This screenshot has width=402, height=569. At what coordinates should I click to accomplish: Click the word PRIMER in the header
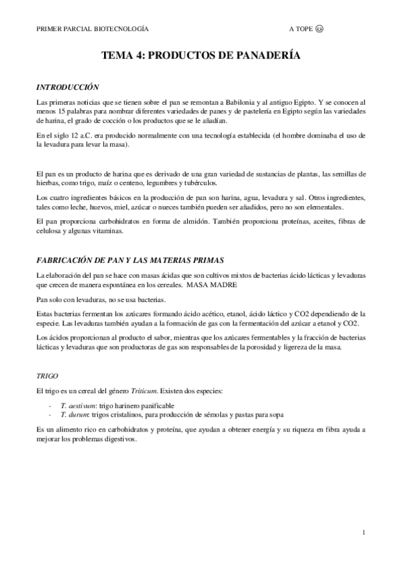49,30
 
